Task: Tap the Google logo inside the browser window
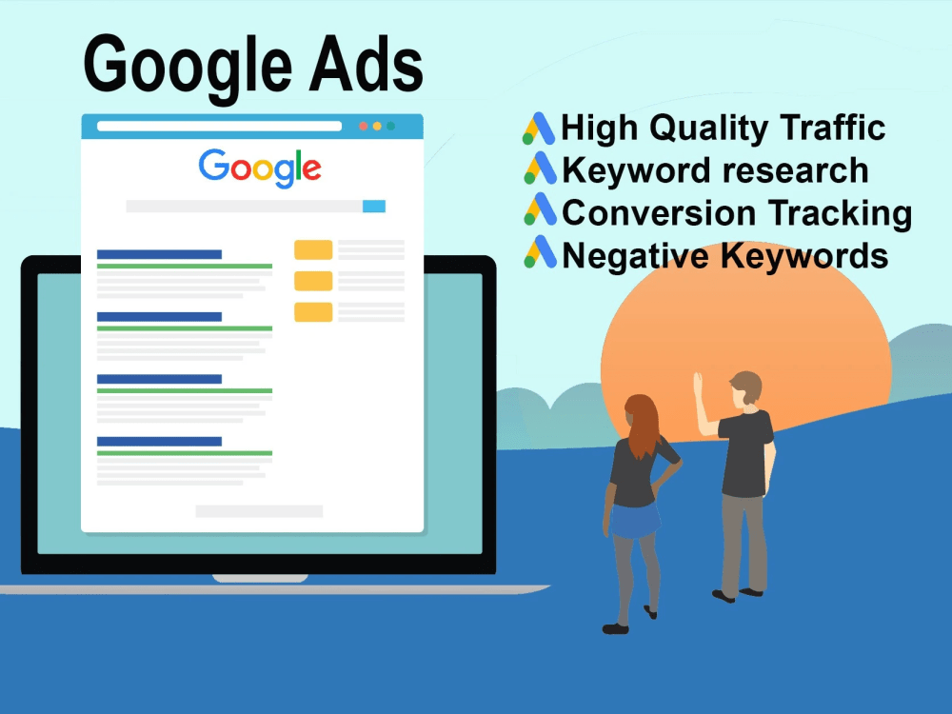tap(260, 168)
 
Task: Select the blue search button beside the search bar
tap(374, 206)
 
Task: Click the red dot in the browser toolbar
tap(363, 126)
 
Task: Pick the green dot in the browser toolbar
tap(390, 126)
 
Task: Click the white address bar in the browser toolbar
tap(219, 126)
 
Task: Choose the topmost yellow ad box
tap(313, 249)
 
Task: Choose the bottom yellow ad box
tap(313, 311)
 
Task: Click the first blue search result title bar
tap(159, 254)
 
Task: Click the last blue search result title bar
tap(159, 441)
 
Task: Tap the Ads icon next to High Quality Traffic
tap(539, 129)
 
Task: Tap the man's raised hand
tap(698, 383)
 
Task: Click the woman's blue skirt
tap(635, 520)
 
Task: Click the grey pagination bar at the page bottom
tap(259, 511)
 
